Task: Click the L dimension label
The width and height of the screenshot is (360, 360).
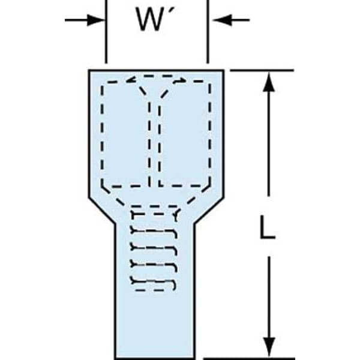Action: point(267,227)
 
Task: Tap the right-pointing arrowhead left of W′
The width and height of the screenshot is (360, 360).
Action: point(95,20)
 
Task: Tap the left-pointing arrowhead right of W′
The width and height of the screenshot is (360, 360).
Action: point(222,20)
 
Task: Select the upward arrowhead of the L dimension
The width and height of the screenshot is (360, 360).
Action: point(269,82)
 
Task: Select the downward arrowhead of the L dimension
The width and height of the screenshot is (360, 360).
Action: point(269,347)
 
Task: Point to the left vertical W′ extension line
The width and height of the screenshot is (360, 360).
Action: point(106,32)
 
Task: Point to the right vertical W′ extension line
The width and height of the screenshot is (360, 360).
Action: point(208,32)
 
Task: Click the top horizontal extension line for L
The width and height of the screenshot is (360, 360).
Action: point(262,70)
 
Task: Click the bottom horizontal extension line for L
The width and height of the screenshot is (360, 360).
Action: point(249,358)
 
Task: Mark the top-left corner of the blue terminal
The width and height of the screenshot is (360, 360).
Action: point(89,70)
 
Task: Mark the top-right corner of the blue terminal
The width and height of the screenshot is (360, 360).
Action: point(224,70)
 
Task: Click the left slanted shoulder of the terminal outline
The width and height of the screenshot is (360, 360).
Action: point(102,210)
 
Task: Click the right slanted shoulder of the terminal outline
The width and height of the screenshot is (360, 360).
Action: point(209,210)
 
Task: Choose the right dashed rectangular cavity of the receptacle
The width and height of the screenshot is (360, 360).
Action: point(185,134)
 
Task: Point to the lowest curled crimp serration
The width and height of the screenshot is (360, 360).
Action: point(154,283)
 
